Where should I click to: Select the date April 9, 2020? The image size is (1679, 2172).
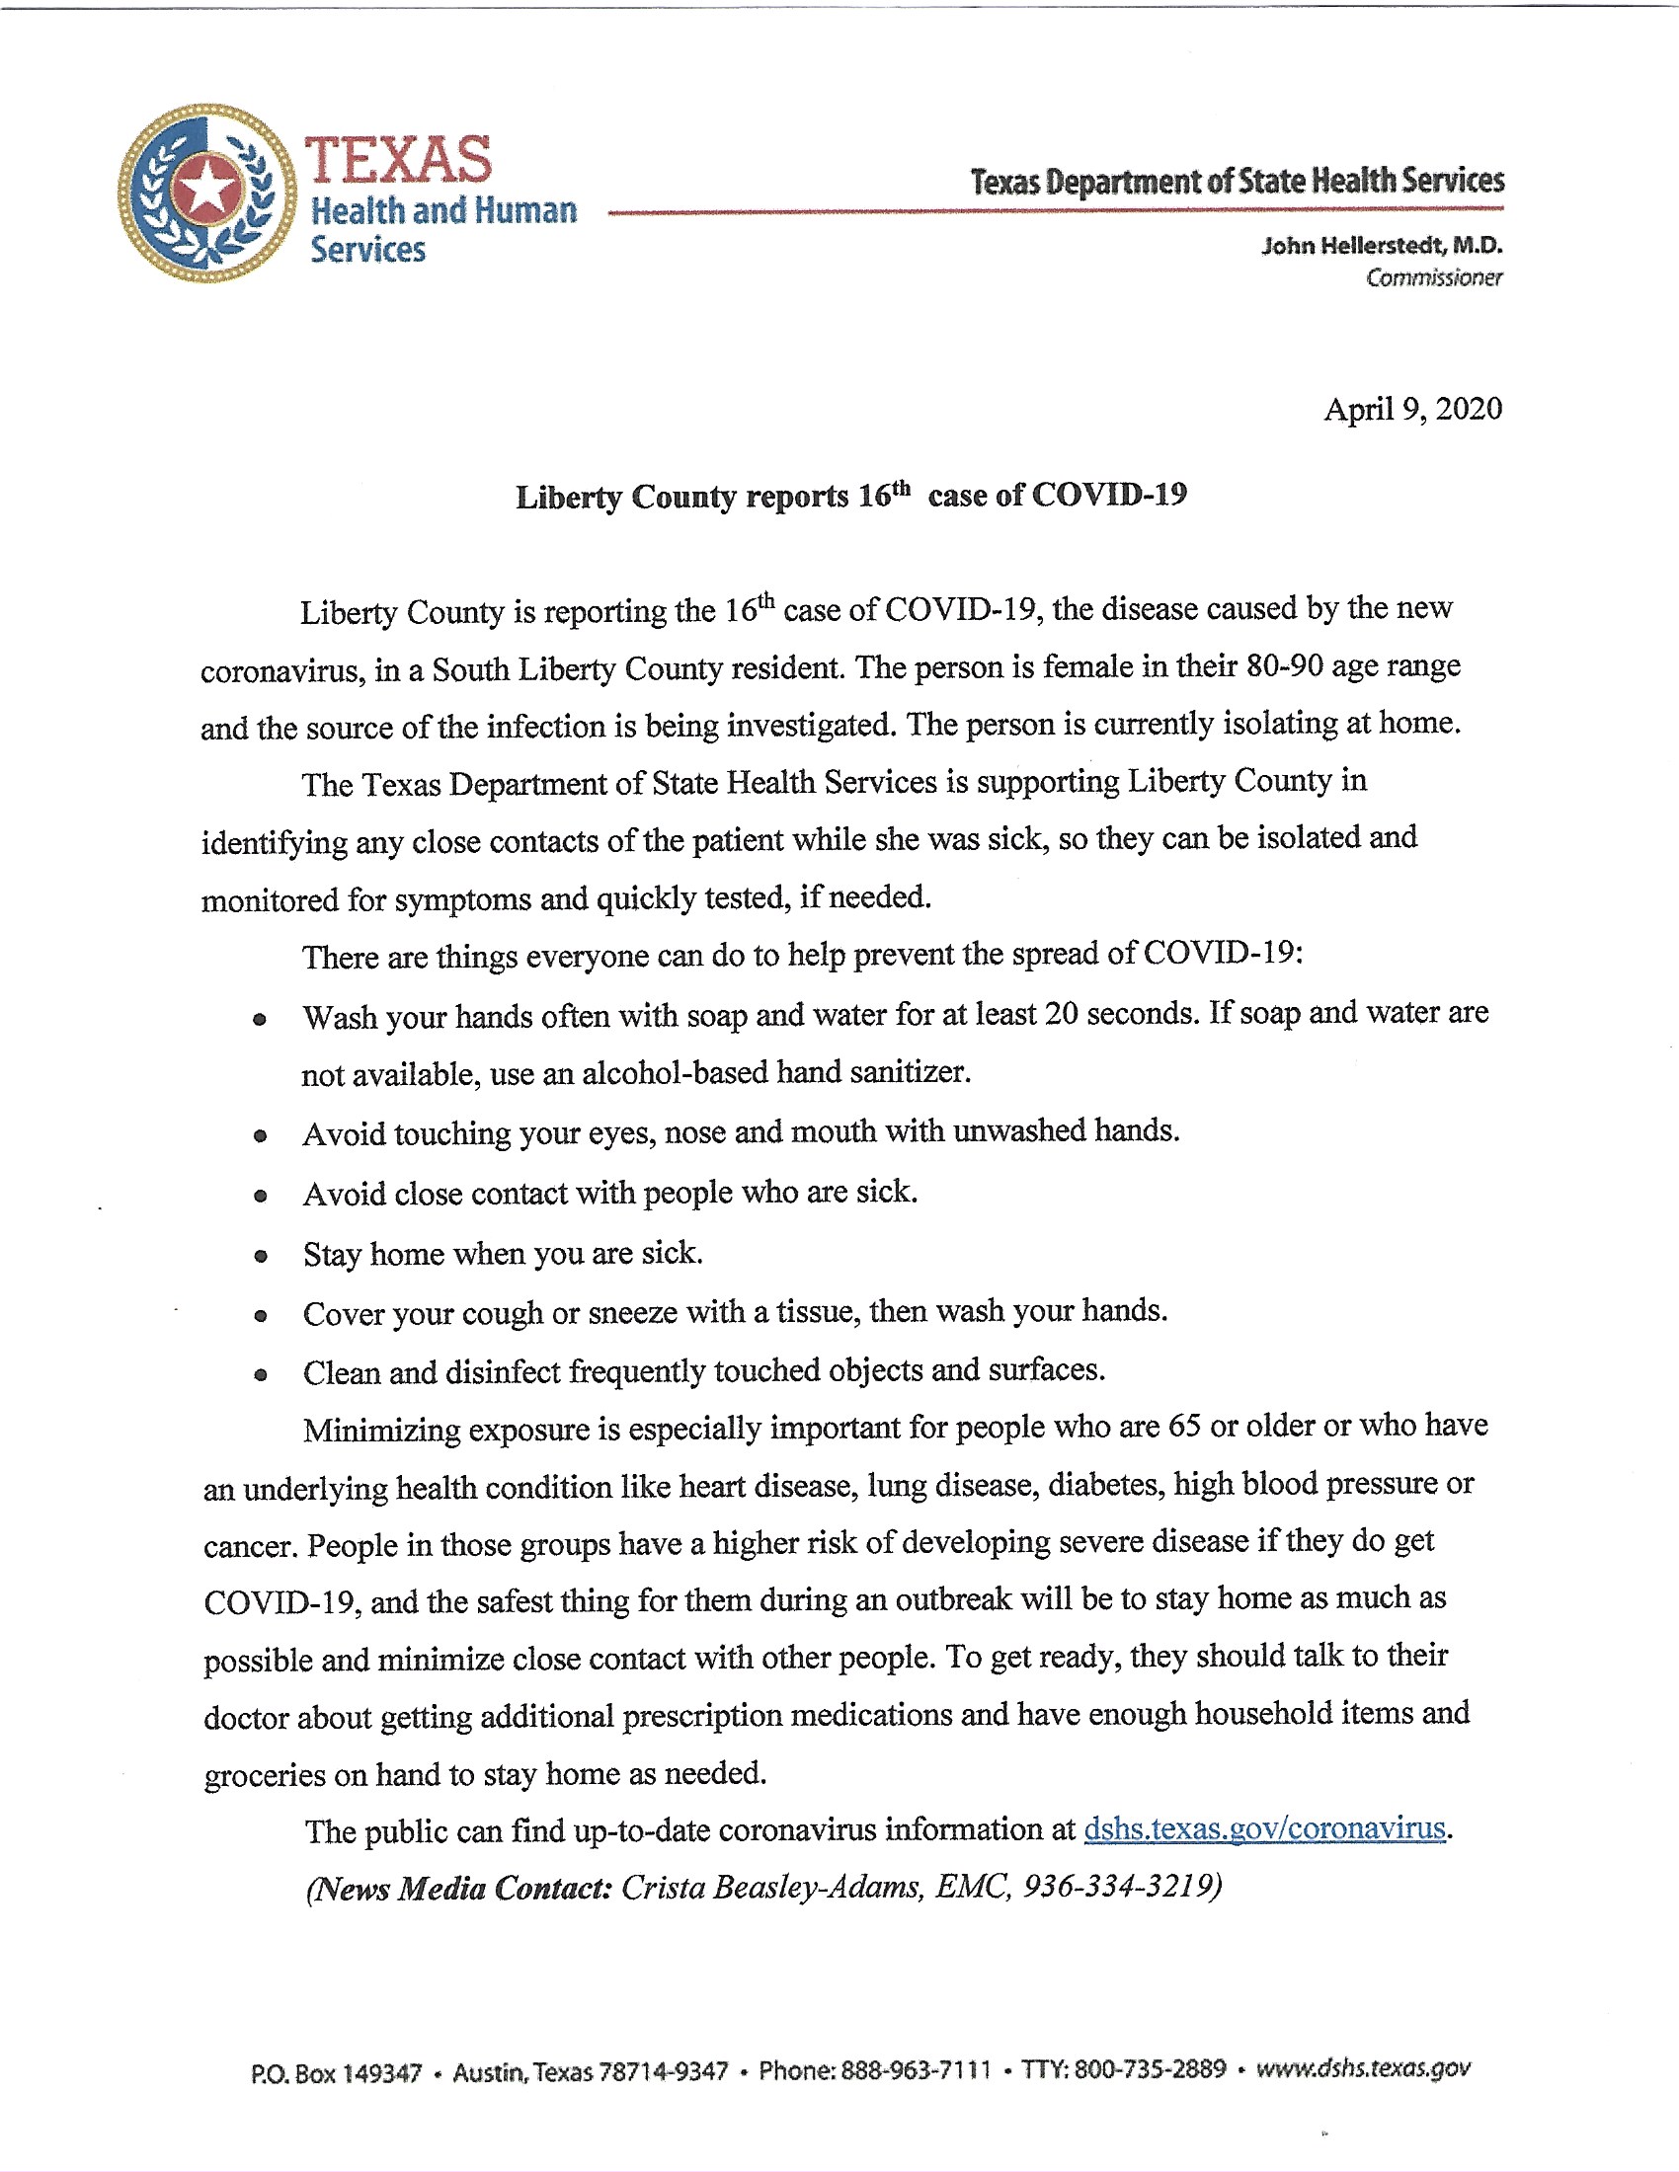click(1412, 410)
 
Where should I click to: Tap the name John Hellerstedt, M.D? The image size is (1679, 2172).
click(1382, 246)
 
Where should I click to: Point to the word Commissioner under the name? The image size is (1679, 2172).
click(1433, 278)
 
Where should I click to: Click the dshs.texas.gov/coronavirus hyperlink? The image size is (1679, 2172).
click(1263, 1827)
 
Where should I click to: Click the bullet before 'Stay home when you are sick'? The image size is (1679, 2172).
click(261, 1256)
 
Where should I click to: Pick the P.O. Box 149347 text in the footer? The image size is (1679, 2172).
click(336, 2073)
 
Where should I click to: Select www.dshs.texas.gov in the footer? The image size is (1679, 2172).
click(1363, 2068)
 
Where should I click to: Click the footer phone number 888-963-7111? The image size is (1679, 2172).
click(917, 2070)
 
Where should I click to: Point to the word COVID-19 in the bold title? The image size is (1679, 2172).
click(1109, 495)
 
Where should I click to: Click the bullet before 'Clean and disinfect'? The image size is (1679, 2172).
click(261, 1375)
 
